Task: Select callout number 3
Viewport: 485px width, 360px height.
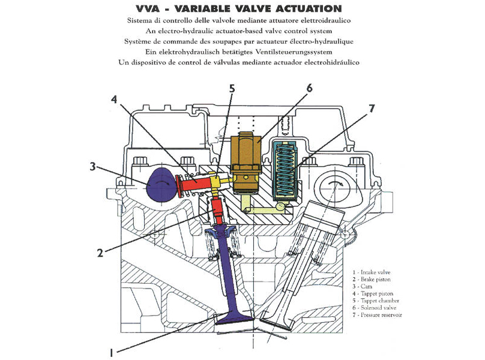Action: coord(92,166)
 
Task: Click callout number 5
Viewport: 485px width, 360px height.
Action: coord(231,88)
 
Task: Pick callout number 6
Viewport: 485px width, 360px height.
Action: coord(309,88)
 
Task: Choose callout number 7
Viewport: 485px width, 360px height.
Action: coord(372,109)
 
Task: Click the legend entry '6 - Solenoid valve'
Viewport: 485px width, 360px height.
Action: coord(375,307)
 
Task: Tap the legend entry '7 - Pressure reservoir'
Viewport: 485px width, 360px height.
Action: coord(378,314)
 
